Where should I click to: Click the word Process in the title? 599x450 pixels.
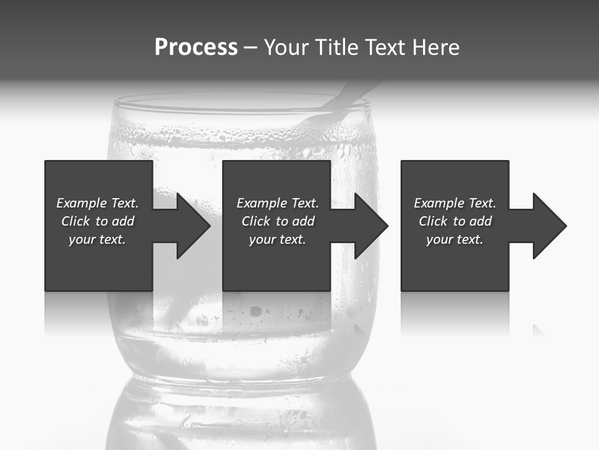point(196,47)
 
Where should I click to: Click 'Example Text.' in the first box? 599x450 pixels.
point(97,203)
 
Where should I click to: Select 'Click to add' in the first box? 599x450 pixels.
point(97,221)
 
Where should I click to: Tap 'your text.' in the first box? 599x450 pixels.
point(97,239)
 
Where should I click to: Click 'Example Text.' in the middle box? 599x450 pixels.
point(278,203)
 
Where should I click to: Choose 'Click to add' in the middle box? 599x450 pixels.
point(278,221)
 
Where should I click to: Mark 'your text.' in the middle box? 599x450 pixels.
point(278,239)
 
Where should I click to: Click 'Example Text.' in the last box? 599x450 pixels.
point(455,203)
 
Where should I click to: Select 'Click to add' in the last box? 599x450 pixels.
point(455,221)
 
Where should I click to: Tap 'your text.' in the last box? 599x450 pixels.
point(455,239)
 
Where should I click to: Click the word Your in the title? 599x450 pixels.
point(288,47)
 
